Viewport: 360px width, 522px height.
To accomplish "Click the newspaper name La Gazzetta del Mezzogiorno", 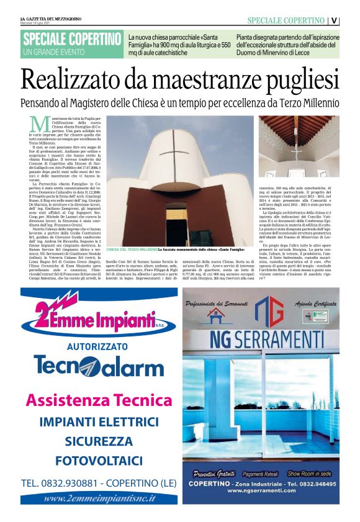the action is click(50, 18).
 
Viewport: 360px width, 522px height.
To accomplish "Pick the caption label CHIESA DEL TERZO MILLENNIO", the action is click(133, 249).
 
